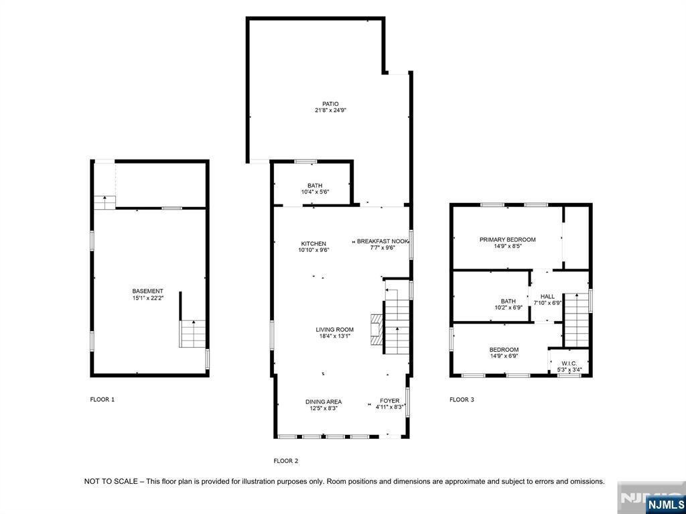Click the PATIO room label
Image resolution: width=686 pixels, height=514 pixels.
click(330, 104)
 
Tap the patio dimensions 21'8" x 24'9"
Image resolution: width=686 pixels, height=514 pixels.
click(330, 111)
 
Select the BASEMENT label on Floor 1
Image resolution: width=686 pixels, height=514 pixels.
click(148, 291)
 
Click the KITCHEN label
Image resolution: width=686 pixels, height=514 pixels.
click(314, 243)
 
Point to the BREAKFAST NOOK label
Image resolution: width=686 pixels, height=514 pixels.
click(383, 241)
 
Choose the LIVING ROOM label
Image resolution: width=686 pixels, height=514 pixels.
click(335, 330)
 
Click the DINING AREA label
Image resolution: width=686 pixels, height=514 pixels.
click(324, 401)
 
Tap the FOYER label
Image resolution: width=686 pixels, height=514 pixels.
click(389, 401)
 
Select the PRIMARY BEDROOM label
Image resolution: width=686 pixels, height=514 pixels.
click(508, 239)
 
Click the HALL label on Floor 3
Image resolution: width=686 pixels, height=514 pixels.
click(547, 296)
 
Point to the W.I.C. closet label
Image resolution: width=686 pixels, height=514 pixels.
click(569, 363)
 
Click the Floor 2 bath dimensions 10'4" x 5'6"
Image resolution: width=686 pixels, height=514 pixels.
click(315, 192)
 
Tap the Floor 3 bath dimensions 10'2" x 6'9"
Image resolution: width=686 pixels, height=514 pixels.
click(508, 308)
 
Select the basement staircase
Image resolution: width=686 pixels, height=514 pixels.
click(192, 334)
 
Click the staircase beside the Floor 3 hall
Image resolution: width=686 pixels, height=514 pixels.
click(576, 320)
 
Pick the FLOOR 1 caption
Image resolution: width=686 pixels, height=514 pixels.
click(102, 399)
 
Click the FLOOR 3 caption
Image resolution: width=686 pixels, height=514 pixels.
click(462, 399)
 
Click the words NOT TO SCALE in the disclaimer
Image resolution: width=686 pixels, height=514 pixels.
click(111, 481)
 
